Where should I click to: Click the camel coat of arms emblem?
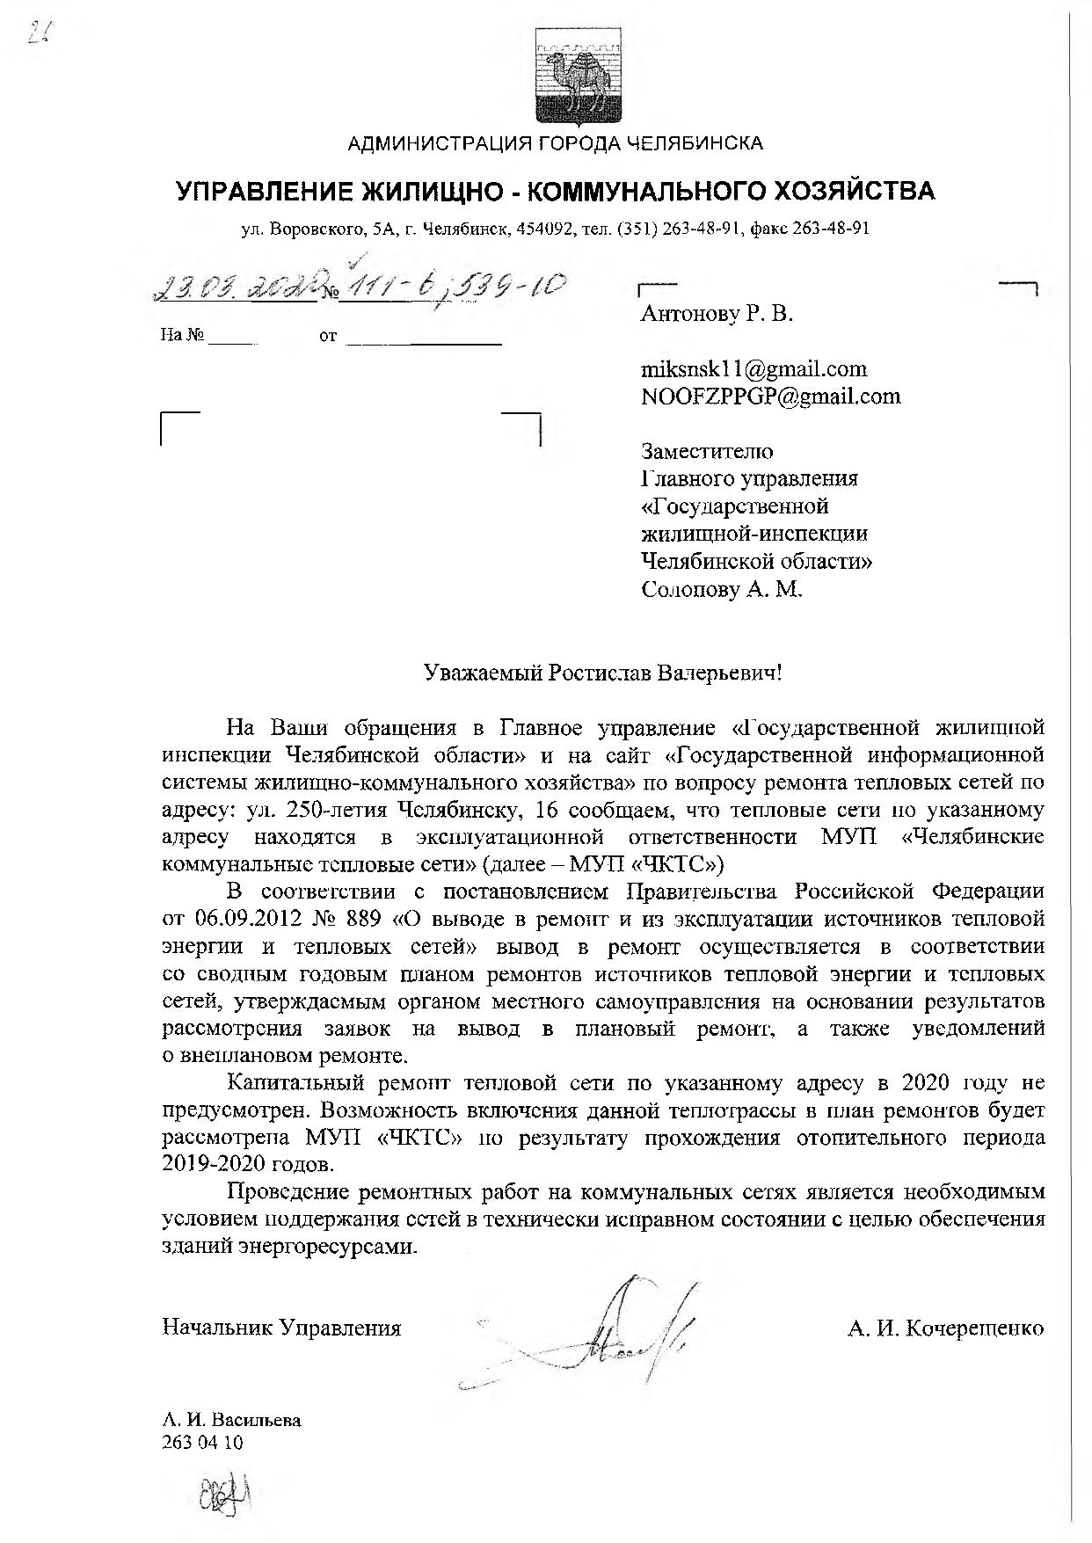pyautogui.click(x=578, y=81)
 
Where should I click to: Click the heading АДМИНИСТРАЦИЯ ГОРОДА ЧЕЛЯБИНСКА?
pyautogui.click(x=555, y=143)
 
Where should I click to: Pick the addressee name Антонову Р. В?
pyautogui.click(x=717, y=314)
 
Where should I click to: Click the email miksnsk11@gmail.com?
pyautogui.click(x=754, y=368)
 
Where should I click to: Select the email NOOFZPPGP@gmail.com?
pyautogui.click(x=771, y=396)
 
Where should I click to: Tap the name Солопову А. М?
pyautogui.click(x=722, y=588)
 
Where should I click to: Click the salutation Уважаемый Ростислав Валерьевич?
pyautogui.click(x=602, y=673)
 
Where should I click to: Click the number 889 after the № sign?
pyautogui.click(x=361, y=920)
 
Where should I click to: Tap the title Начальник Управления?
pyautogui.click(x=281, y=1328)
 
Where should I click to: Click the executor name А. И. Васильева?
pyautogui.click(x=231, y=1420)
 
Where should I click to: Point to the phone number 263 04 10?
pyautogui.click(x=203, y=1443)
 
